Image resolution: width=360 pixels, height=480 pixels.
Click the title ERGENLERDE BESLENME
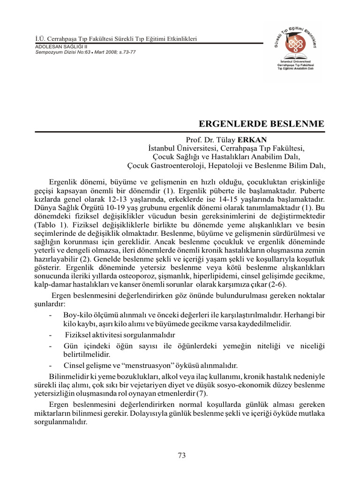[x=262, y=124]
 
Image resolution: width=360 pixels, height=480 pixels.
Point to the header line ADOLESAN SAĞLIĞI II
[x=61, y=47]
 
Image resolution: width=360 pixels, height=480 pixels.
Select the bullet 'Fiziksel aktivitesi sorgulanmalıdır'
[x=120, y=335]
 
